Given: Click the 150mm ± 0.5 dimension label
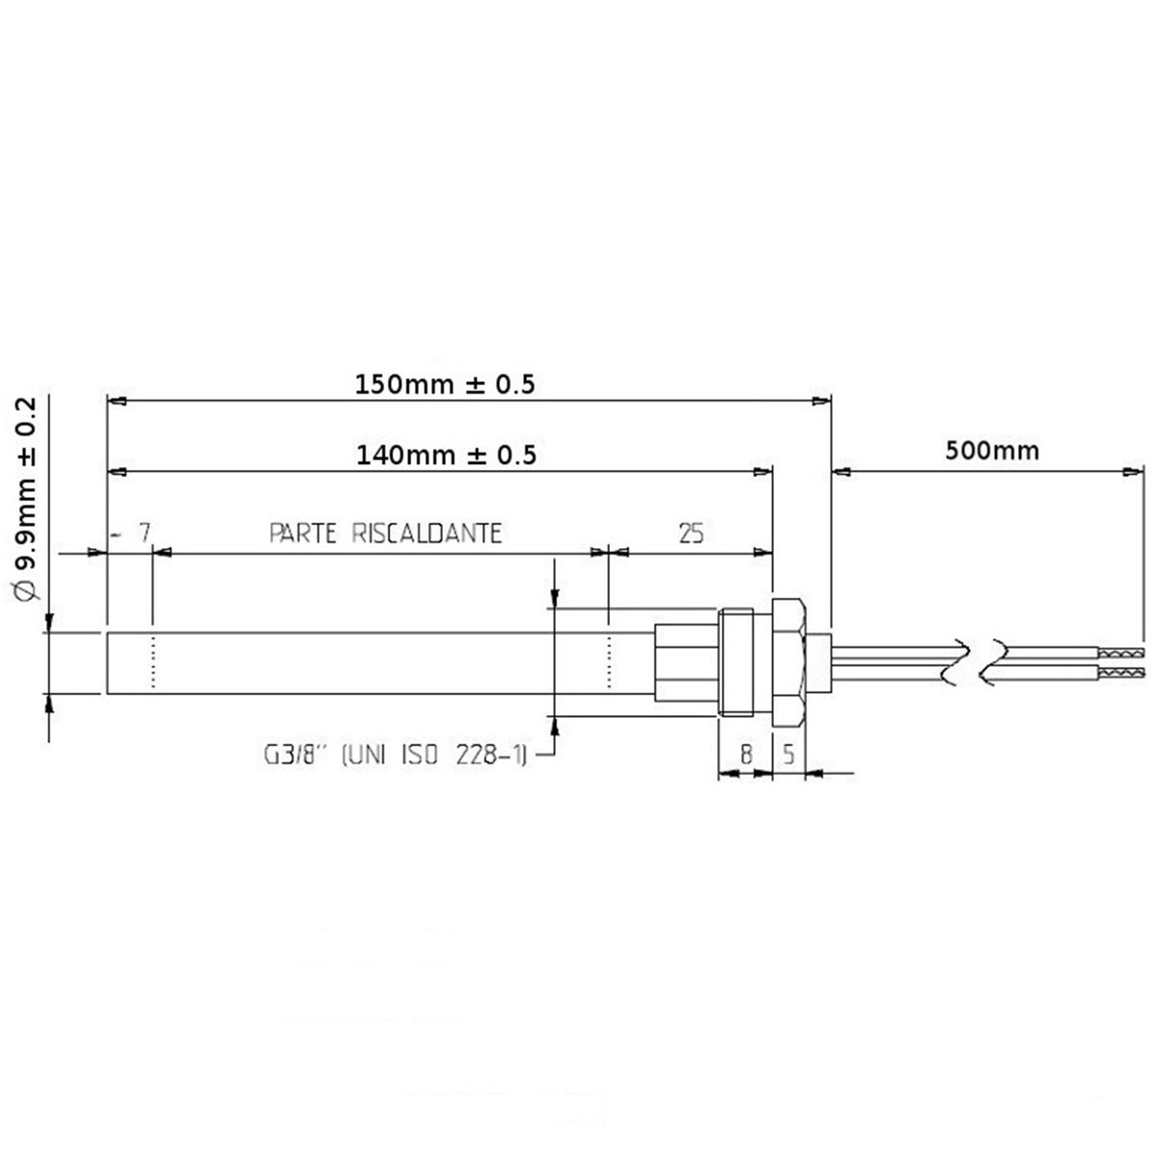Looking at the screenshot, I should pyautogui.click(x=444, y=384).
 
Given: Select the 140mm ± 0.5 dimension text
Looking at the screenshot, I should pyautogui.click(x=446, y=454).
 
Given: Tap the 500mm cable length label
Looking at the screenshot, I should pyautogui.click(x=993, y=450).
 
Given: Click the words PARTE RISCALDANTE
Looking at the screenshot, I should pyautogui.click(x=385, y=533).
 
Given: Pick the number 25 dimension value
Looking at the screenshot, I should pyautogui.click(x=691, y=533).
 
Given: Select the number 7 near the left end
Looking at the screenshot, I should pyautogui.click(x=145, y=533).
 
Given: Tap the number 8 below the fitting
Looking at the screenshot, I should pyautogui.click(x=746, y=755).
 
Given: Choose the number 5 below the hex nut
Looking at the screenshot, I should pyautogui.click(x=788, y=755).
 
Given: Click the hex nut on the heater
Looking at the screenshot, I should pyautogui.click(x=788, y=662).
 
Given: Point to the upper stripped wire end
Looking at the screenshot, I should pyautogui.click(x=1122, y=653).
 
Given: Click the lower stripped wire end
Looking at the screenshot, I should pyautogui.click(x=1122, y=670).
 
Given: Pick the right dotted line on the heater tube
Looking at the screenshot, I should pyautogui.click(x=609, y=663).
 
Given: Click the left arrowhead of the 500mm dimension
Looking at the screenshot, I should pyautogui.click(x=840, y=472).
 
